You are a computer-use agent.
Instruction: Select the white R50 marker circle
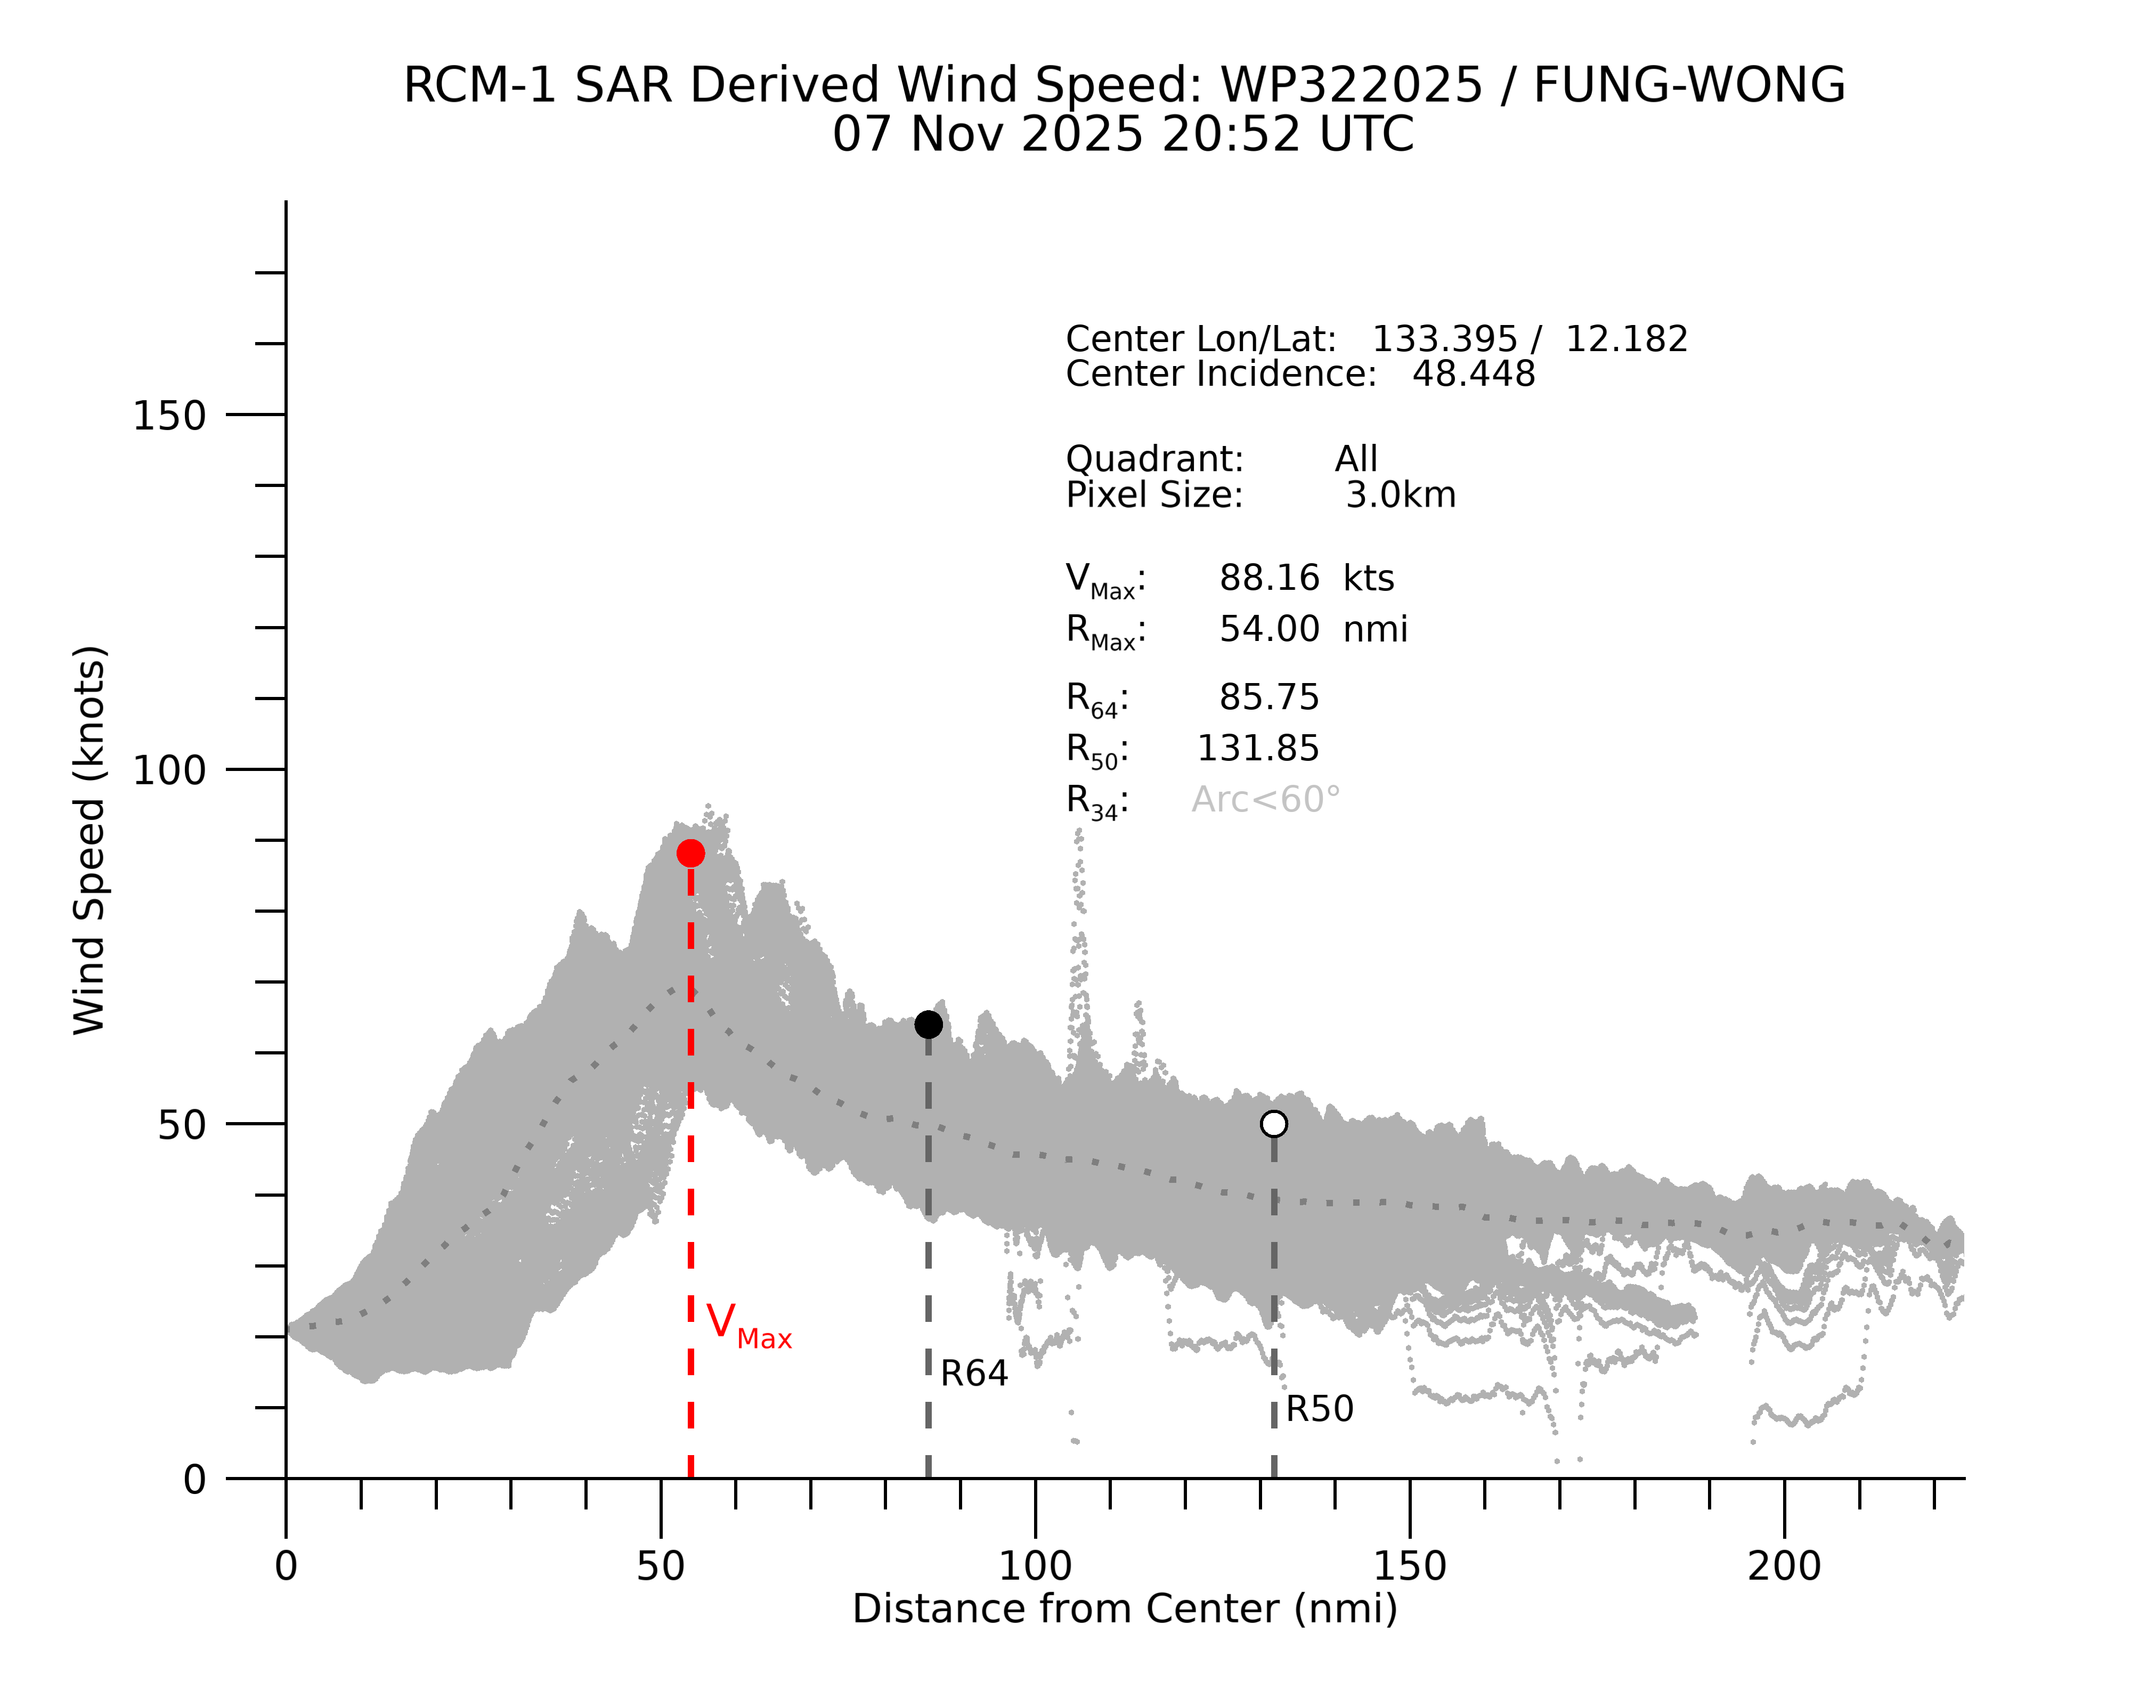pyautogui.click(x=1274, y=1124)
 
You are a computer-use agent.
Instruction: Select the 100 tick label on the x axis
pyautogui.click(x=1035, y=1566)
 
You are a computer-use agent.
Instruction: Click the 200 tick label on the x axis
pyautogui.click(x=1784, y=1566)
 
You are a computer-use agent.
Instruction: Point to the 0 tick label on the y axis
pyautogui.click(x=194, y=1480)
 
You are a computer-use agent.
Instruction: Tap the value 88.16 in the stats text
pyautogui.click(x=1269, y=578)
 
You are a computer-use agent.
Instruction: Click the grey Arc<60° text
pyautogui.click(x=1266, y=800)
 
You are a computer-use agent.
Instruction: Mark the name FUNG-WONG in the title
pyautogui.click(x=1689, y=85)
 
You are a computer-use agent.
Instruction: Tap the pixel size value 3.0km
pyautogui.click(x=1401, y=494)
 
